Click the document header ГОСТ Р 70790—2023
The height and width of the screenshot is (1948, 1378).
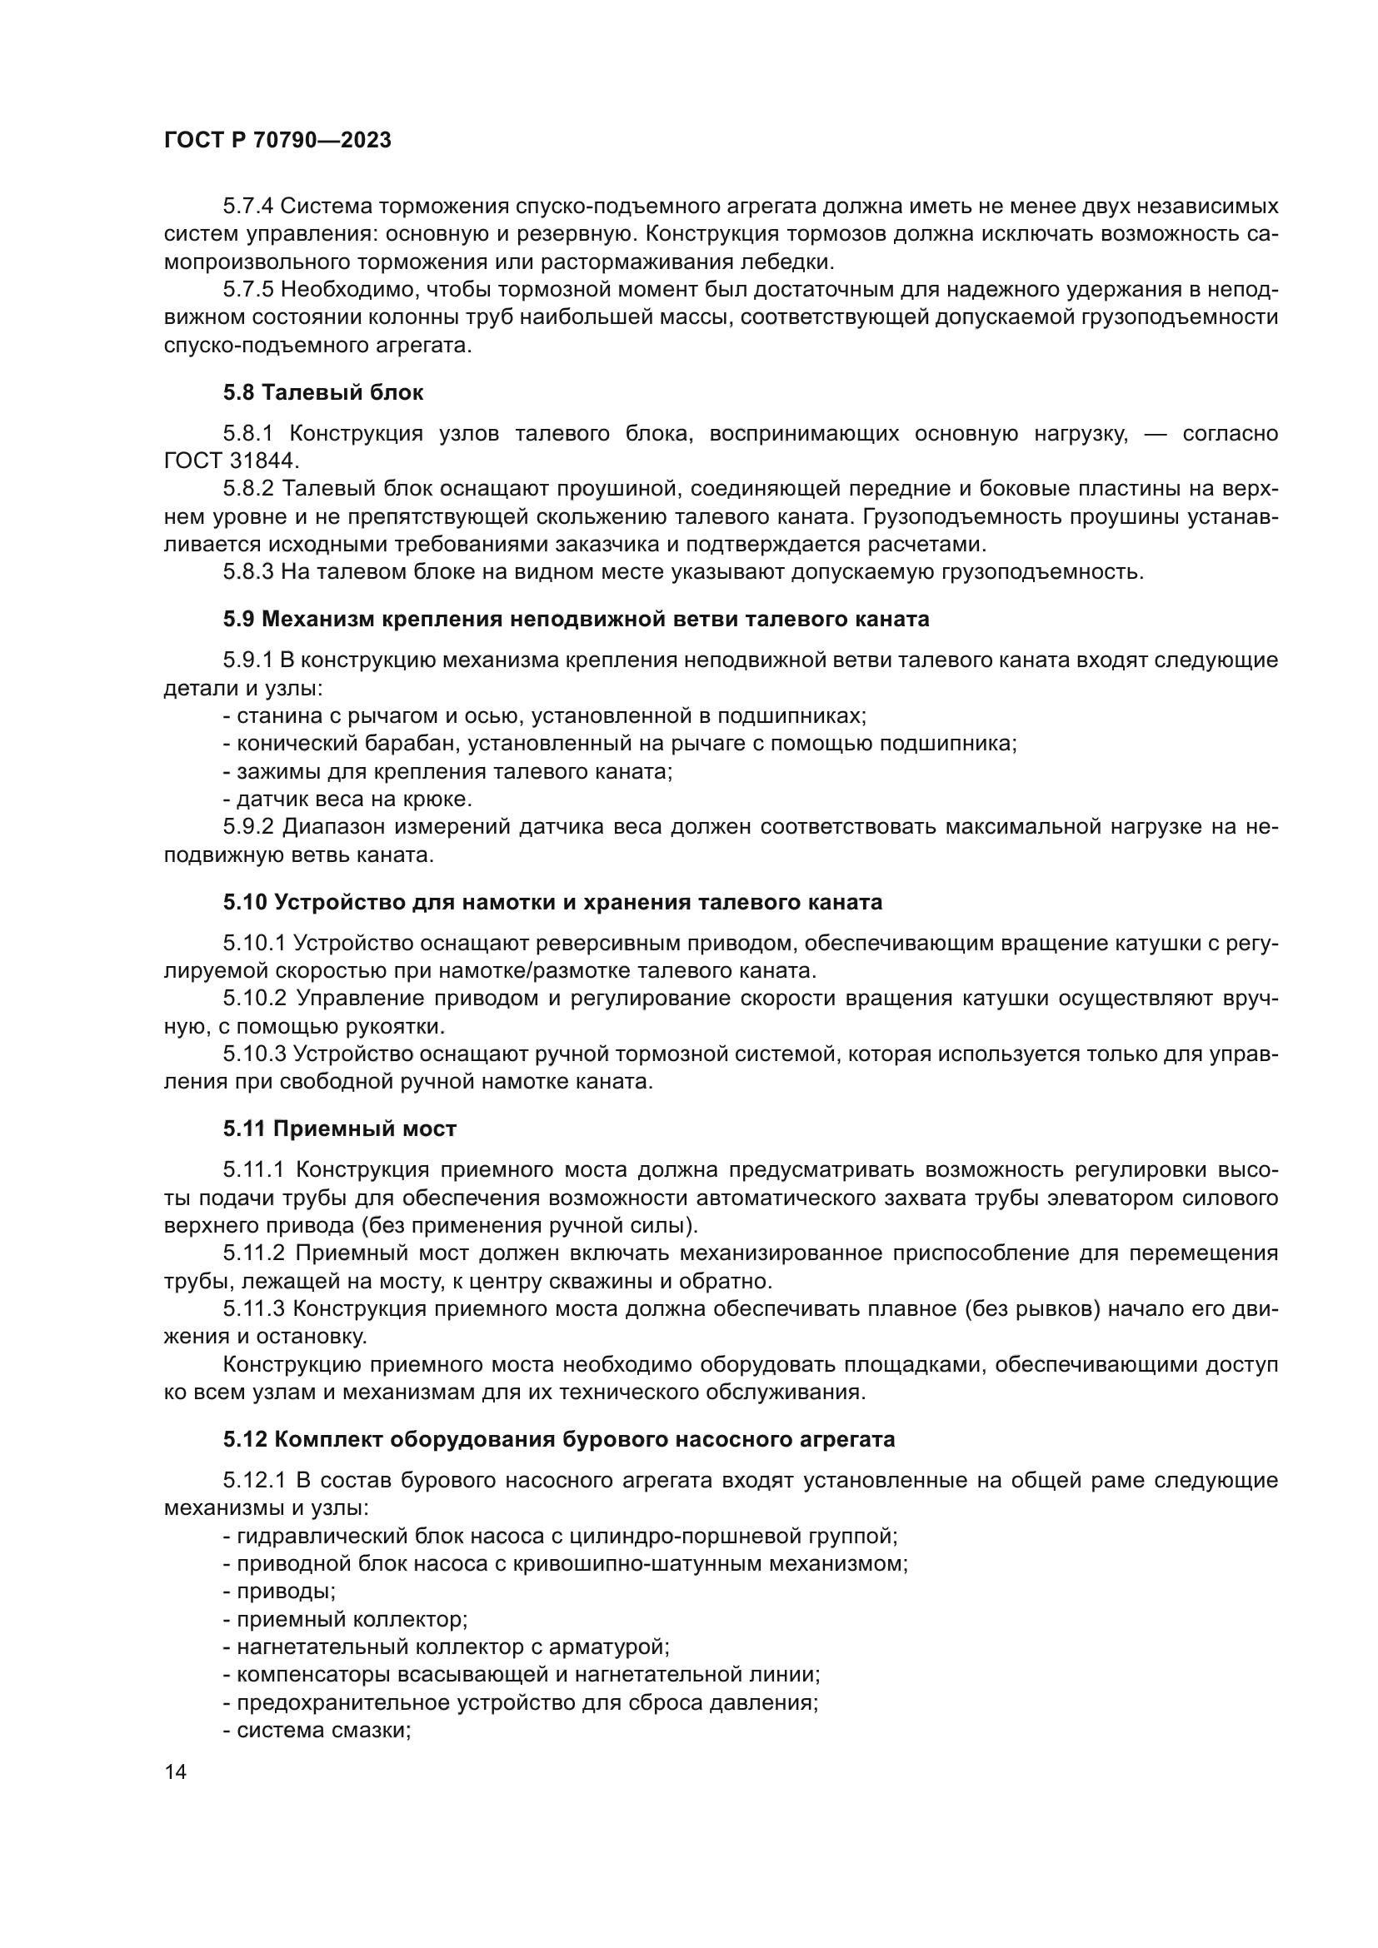[277, 140]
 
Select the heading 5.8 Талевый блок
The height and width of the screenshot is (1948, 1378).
[323, 392]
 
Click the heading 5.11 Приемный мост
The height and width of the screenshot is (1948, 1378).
[339, 1128]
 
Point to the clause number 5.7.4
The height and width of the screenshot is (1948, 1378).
[247, 207]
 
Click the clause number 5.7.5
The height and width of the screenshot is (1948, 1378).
[247, 290]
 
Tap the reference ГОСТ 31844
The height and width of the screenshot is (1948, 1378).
[231, 461]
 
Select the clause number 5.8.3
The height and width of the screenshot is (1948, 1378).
[247, 572]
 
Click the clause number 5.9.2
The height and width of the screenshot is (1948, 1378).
[247, 826]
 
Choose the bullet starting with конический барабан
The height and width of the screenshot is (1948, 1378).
[619, 744]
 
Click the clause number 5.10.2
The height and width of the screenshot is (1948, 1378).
[253, 998]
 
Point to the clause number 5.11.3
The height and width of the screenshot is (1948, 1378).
[253, 1309]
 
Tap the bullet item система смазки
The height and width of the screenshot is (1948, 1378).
[317, 1730]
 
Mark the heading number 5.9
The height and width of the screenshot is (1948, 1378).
[238, 619]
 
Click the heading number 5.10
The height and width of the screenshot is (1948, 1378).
[245, 902]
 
